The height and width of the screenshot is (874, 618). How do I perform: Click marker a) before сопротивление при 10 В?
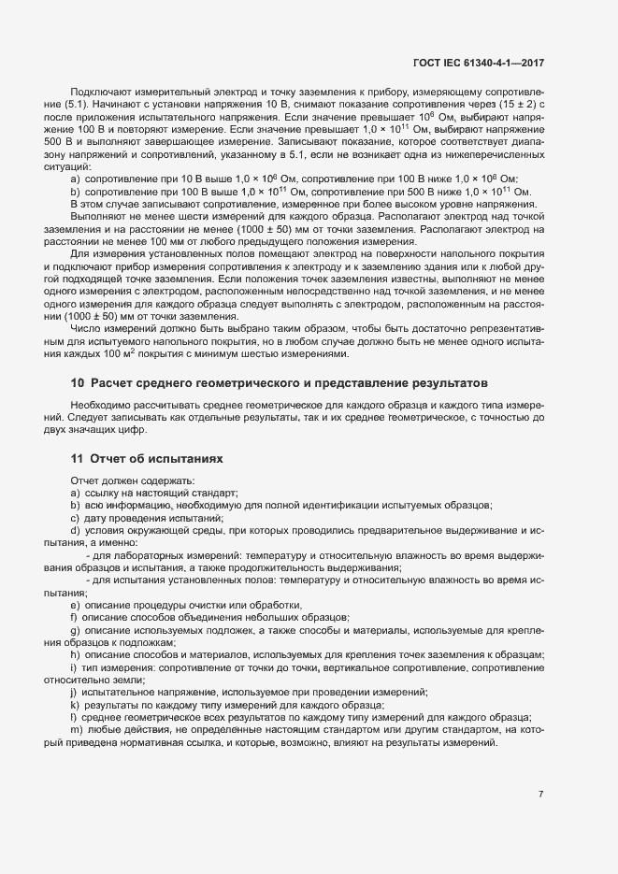[x=74, y=178]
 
